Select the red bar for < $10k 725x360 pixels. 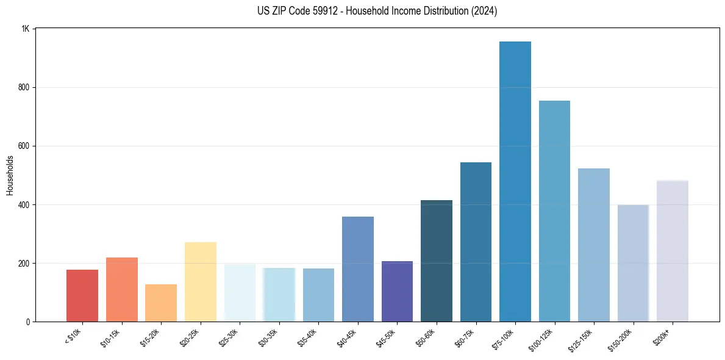point(82,295)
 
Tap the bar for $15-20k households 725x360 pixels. point(161,303)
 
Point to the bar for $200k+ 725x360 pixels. point(672,251)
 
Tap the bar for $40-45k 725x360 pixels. point(357,269)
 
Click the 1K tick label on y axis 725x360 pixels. point(26,29)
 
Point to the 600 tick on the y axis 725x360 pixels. point(24,146)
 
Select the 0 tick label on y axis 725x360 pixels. point(27,322)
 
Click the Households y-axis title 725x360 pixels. point(10,175)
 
